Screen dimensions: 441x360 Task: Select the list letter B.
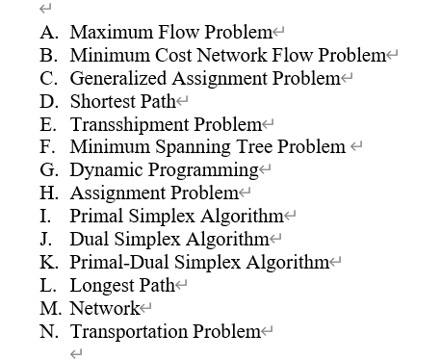point(47,55)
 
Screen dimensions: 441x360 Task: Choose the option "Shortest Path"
point(122,100)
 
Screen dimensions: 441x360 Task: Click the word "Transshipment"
point(129,123)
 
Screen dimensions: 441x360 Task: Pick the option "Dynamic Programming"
point(164,169)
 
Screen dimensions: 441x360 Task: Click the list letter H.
point(48,193)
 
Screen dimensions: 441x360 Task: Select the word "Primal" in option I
point(95,216)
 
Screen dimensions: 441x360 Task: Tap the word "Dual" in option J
point(90,239)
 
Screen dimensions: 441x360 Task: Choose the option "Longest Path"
point(121,285)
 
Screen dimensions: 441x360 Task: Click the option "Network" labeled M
point(104,308)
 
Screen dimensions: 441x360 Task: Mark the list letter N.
point(48,331)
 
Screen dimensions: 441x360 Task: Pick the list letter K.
point(48,262)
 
